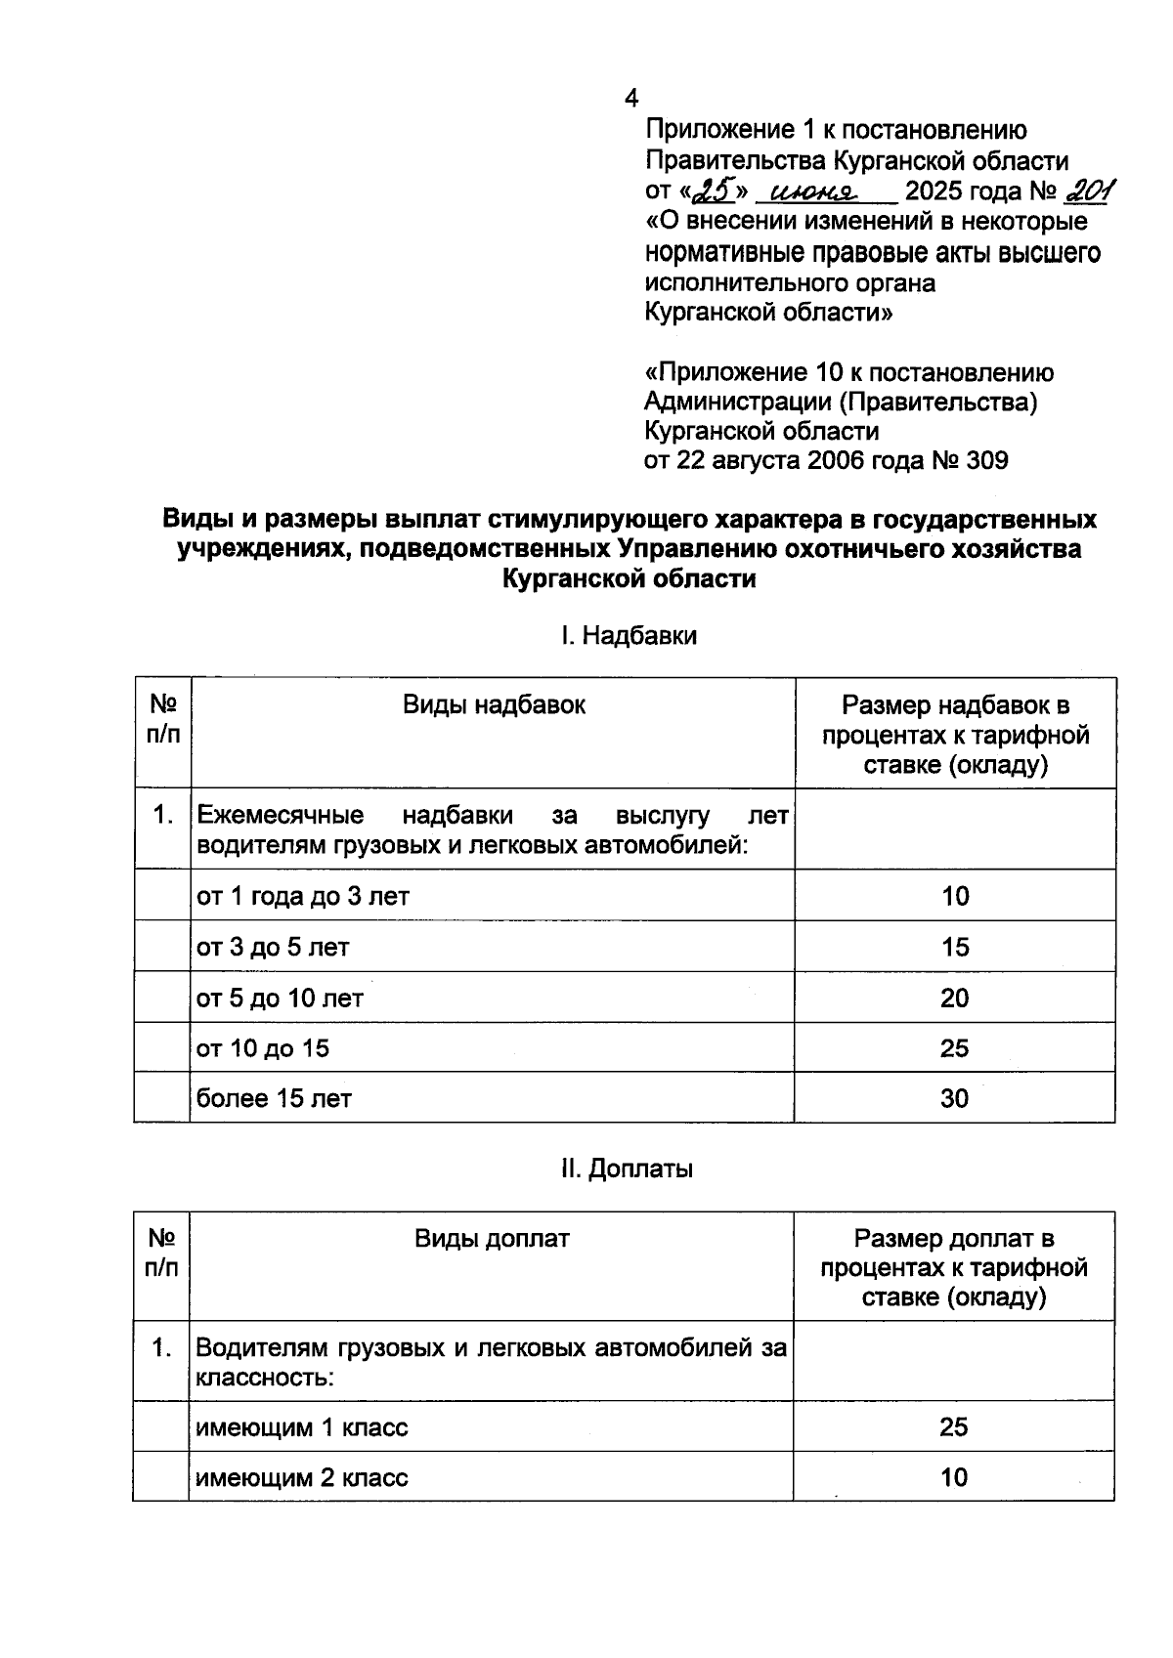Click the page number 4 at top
click(x=631, y=99)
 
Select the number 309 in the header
click(x=986, y=460)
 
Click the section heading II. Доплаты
click(x=627, y=1169)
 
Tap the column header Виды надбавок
click(x=494, y=705)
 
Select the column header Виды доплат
click(x=492, y=1239)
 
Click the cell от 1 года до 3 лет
click(x=303, y=896)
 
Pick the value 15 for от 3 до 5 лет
click(x=954, y=947)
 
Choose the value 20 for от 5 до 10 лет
click(x=954, y=998)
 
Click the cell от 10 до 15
click(x=264, y=1048)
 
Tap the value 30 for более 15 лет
click(x=954, y=1098)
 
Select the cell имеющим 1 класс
click(x=302, y=1427)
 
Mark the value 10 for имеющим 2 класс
click(x=953, y=1477)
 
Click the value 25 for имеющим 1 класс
click(x=953, y=1427)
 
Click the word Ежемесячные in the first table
click(x=281, y=815)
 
